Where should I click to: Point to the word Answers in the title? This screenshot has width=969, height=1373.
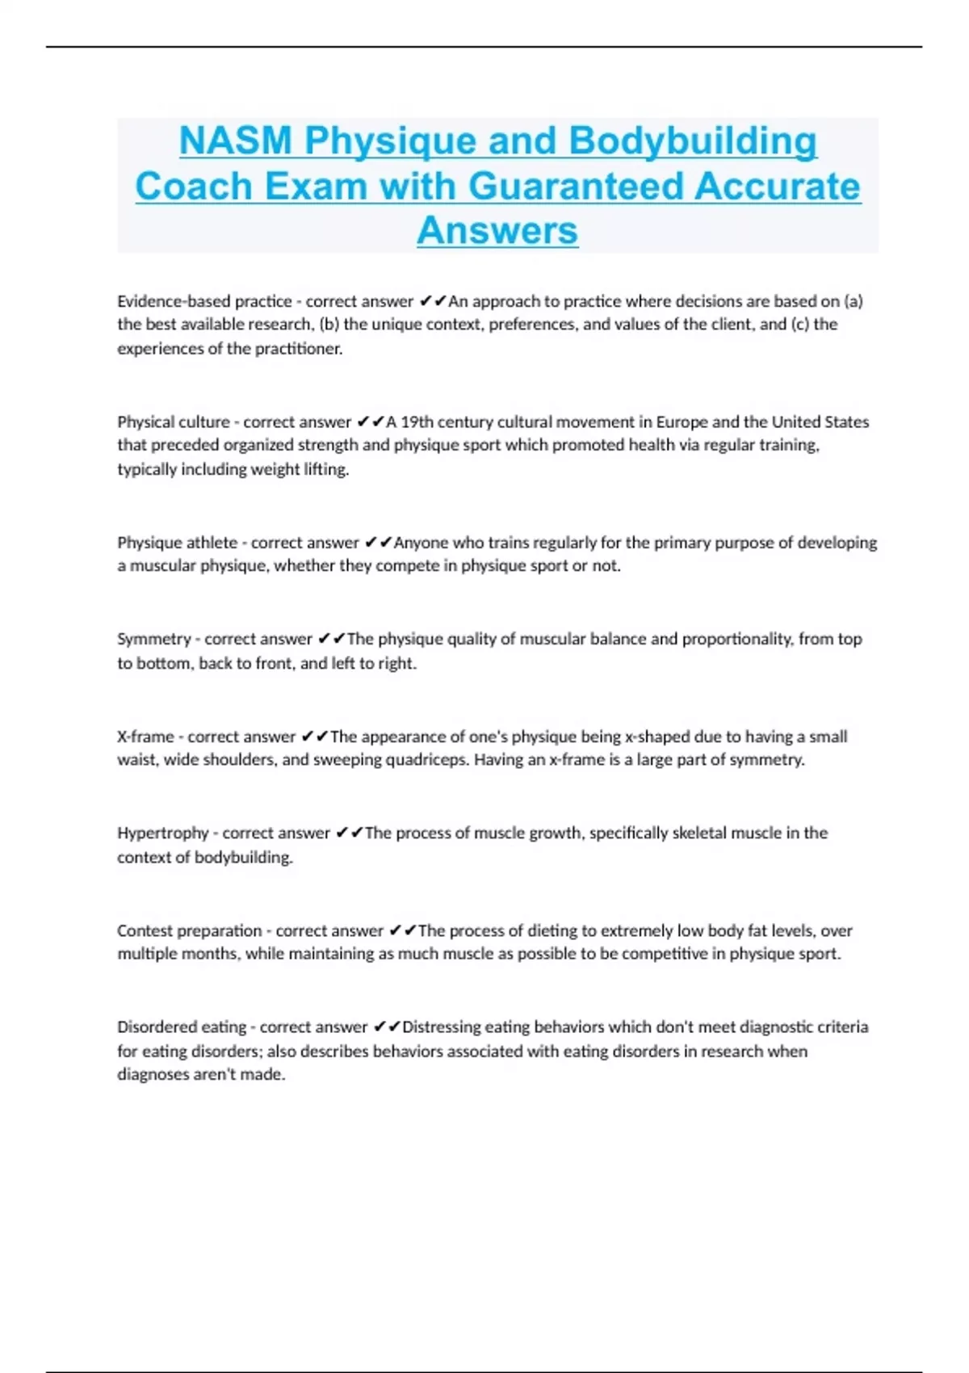click(497, 231)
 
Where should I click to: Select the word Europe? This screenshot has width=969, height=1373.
click(682, 422)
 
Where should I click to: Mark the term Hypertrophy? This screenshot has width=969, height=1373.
click(162, 833)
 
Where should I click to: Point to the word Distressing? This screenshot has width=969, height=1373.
click(443, 1027)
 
